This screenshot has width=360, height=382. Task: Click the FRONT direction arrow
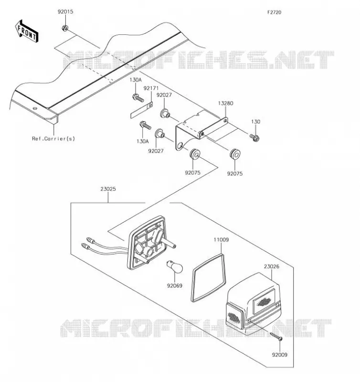coord(27,31)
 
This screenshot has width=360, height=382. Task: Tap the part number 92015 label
coord(65,11)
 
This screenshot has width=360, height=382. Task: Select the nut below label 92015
coord(65,28)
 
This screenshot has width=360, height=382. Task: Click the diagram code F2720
coord(274,12)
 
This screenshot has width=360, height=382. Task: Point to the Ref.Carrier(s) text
coord(53,138)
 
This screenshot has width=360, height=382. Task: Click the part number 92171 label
coord(151,88)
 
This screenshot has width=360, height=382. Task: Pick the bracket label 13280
coord(225,103)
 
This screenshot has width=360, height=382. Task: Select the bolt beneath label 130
coord(254,138)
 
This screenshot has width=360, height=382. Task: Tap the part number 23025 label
coord(108,189)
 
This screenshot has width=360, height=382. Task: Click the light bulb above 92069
coord(174,267)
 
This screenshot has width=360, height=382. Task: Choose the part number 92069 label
coord(175,286)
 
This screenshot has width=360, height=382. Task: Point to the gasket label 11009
coord(221,240)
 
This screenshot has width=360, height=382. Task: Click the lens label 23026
coord(271,266)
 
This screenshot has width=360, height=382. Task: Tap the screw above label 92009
coord(276,336)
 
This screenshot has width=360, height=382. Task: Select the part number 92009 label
coord(280,355)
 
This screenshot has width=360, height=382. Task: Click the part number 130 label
coord(255,122)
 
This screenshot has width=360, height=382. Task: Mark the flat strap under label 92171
coord(141,110)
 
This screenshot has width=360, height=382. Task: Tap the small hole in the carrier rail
coord(35,108)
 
